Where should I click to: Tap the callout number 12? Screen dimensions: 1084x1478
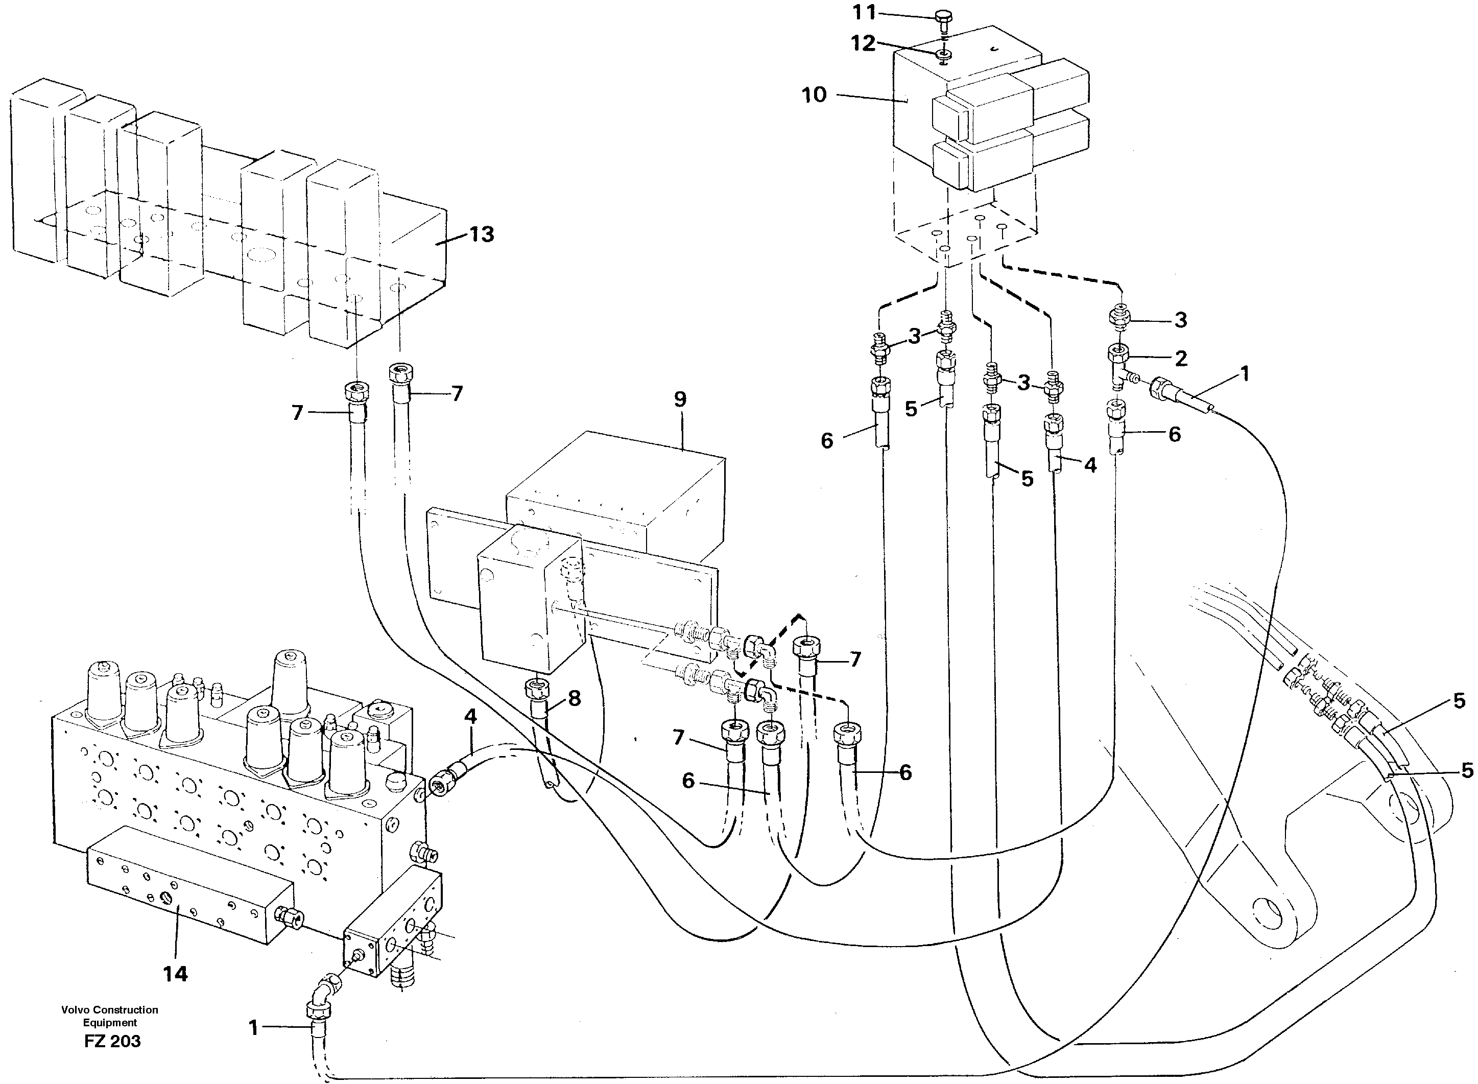tap(863, 43)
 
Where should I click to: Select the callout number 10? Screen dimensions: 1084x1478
tap(814, 95)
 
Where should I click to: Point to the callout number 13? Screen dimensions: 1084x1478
tap(482, 234)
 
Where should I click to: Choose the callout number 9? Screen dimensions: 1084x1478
tap(680, 399)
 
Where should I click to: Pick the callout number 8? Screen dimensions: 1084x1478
tap(574, 698)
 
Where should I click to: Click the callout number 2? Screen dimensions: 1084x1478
tap(1181, 358)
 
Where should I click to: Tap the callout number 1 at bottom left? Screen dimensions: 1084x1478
tap(254, 1028)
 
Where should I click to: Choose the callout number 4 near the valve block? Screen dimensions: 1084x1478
tap(470, 717)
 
